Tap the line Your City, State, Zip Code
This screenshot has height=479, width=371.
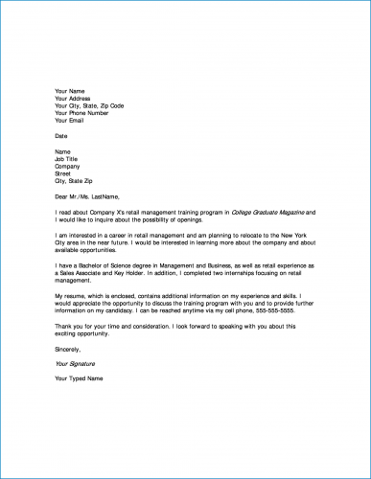tap(89, 106)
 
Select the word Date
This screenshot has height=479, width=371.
tap(61, 136)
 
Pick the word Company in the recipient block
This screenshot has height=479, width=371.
tap(67, 167)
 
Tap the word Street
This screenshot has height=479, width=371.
tap(63, 174)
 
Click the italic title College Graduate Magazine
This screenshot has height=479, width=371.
tap(269, 211)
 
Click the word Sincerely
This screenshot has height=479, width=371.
tap(69, 352)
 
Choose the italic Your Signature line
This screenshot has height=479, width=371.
tap(76, 365)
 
